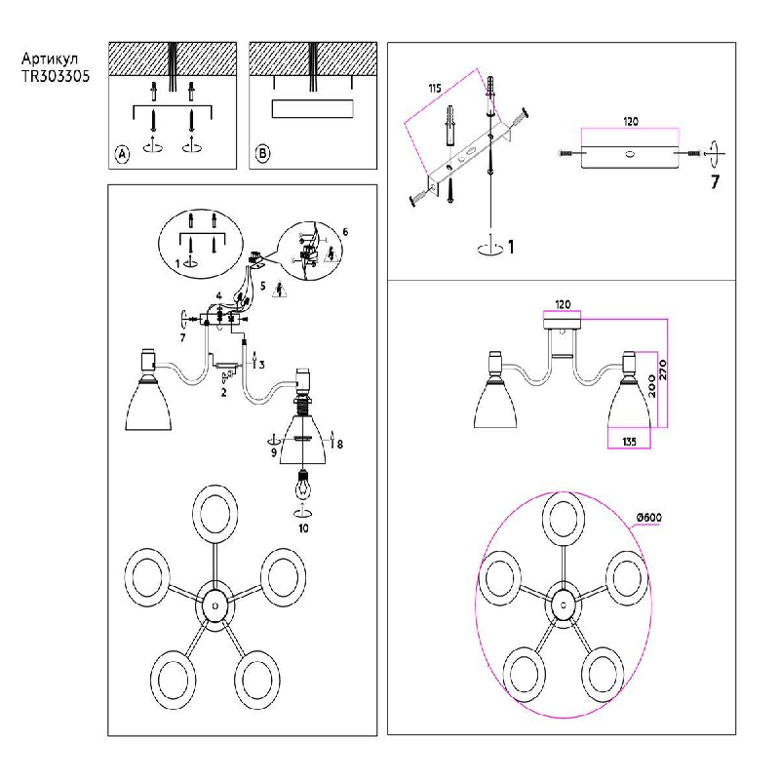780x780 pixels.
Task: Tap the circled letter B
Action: (262, 154)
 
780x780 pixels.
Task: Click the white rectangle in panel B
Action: (312, 107)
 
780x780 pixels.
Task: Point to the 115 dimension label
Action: (435, 89)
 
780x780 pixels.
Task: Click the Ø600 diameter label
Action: (648, 518)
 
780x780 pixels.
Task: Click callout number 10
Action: (303, 526)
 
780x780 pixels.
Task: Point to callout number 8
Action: (338, 445)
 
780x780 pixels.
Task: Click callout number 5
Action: (261, 288)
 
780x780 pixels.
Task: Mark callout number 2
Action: (223, 393)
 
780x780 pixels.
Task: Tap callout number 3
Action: (260, 364)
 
